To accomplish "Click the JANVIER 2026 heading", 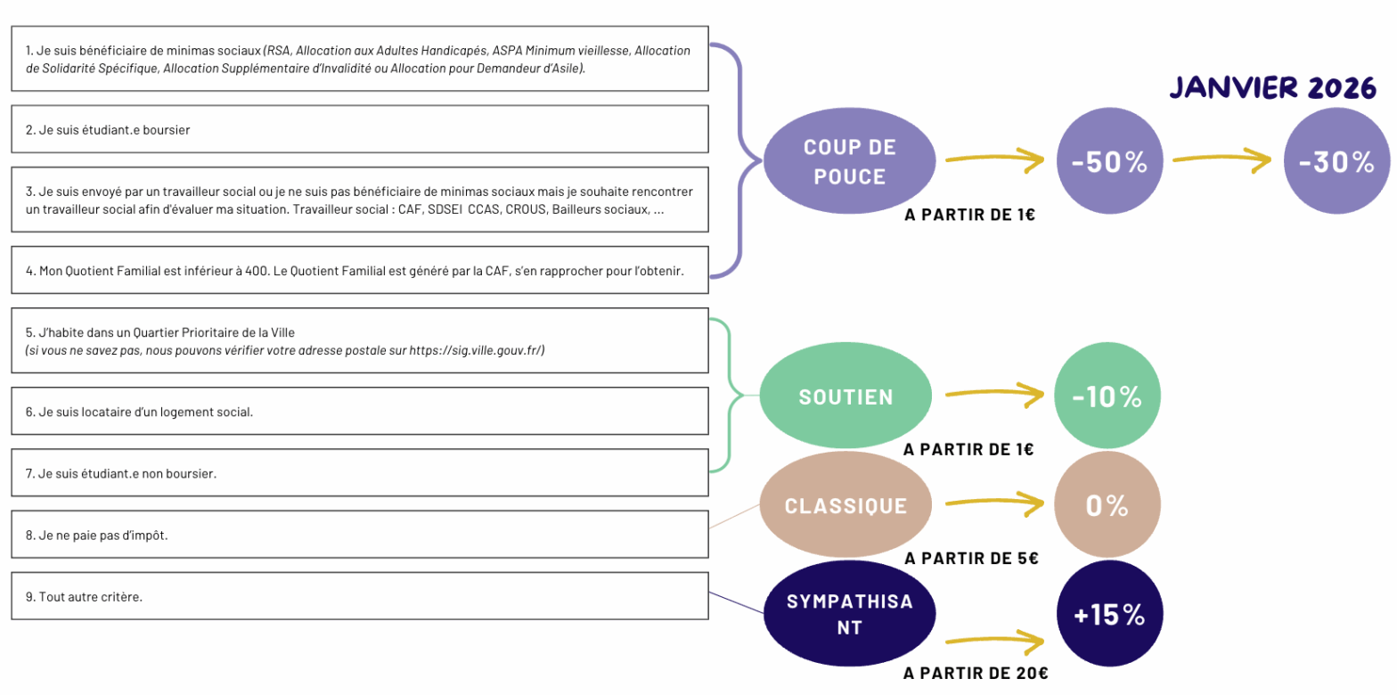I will (1272, 87).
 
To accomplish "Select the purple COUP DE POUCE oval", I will (850, 160).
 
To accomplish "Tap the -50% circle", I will (1108, 161).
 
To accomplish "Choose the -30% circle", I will (1336, 161).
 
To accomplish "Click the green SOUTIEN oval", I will (846, 397).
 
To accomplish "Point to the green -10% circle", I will (1107, 397).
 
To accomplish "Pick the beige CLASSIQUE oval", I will (846, 505).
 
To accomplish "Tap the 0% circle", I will (1107, 505).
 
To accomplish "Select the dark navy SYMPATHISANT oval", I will (850, 614).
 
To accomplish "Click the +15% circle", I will (1108, 614).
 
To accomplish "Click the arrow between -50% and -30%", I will (1222, 160).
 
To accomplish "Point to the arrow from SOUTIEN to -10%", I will (994, 393).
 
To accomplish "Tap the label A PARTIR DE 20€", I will (975, 674).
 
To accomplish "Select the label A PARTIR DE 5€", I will (971, 559).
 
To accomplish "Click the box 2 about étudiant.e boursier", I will (359, 129).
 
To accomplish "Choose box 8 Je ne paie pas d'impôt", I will (359, 536).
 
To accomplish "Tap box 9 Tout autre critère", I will (359, 596).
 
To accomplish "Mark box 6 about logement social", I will (359, 412).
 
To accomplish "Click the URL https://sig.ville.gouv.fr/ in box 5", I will (476, 351).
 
